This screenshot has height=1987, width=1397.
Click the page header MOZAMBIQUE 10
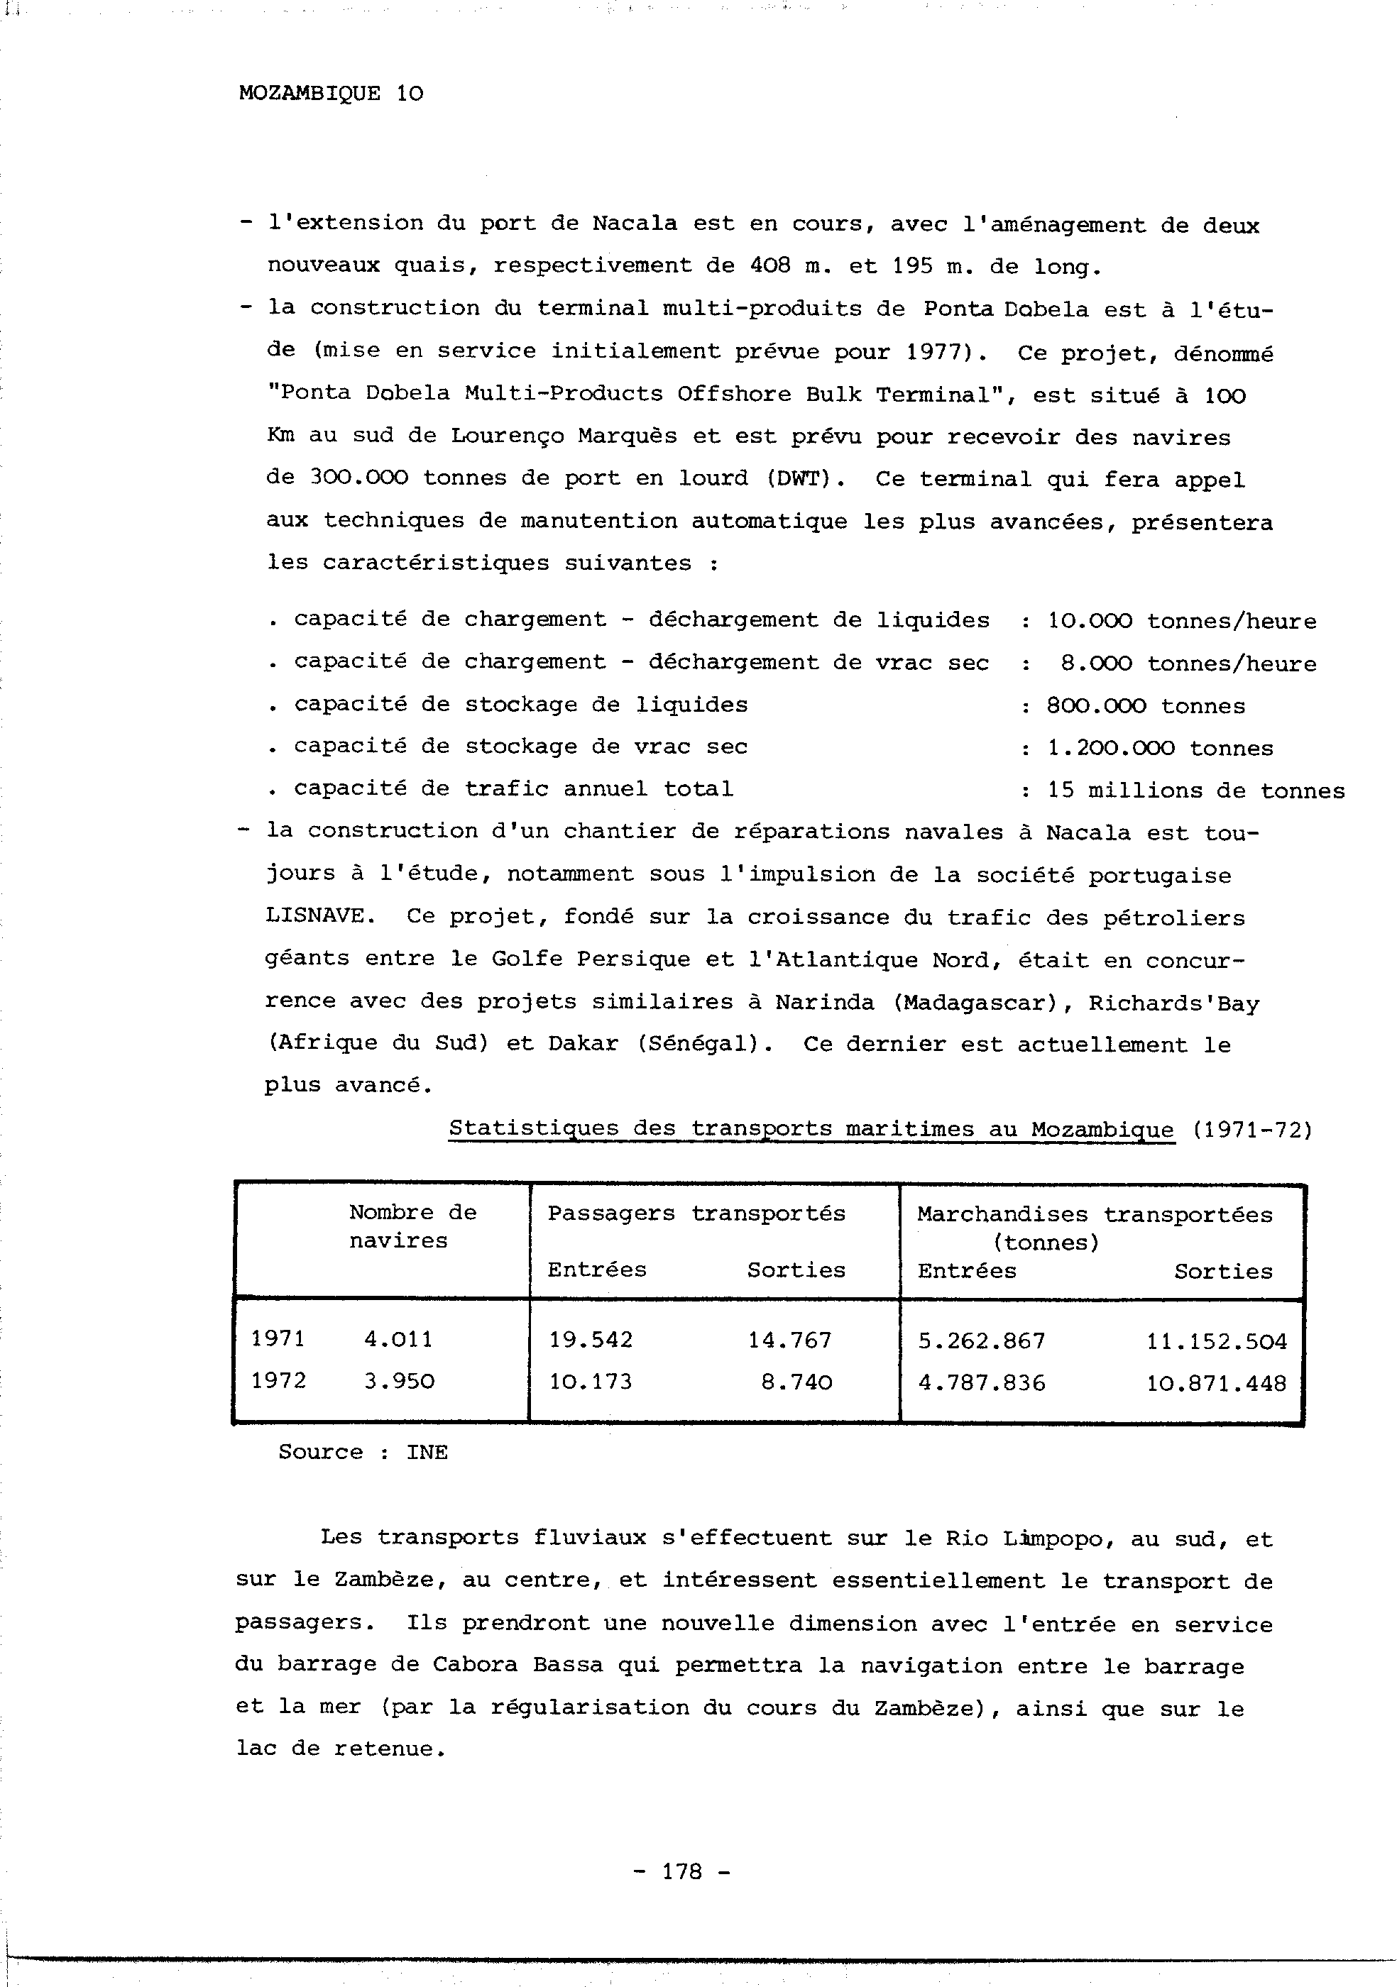coord(331,94)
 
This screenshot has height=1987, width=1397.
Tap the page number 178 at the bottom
coord(682,1871)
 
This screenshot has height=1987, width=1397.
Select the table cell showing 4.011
coord(398,1340)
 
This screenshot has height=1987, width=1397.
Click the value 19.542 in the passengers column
coord(591,1341)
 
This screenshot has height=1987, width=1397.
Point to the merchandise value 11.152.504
coord(1217,1341)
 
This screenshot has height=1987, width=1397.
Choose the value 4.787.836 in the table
coord(982,1383)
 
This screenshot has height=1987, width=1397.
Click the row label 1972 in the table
coord(279,1380)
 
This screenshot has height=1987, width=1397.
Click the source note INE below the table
coord(427,1452)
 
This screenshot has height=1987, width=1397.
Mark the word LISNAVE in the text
coord(314,916)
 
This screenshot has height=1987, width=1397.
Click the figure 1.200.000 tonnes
coord(1160,749)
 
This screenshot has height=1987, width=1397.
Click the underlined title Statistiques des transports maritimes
coord(811,1129)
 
